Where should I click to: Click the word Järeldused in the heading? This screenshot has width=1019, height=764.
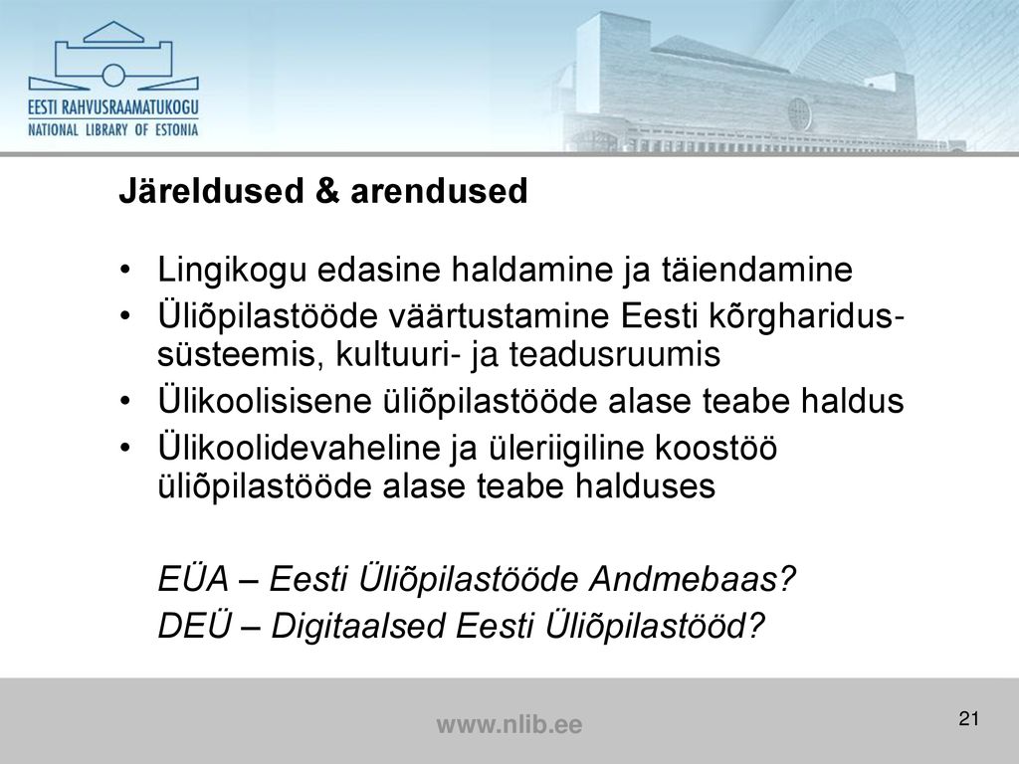click(212, 191)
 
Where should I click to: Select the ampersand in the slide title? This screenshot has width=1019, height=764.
click(327, 192)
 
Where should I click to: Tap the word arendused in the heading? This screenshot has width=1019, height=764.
click(439, 192)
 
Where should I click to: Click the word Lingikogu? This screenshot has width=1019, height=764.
click(232, 271)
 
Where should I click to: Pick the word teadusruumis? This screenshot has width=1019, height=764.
click(615, 355)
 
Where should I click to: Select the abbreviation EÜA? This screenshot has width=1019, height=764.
click(194, 578)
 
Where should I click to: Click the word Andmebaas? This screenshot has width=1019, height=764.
click(693, 578)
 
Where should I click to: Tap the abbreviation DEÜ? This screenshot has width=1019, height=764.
click(195, 625)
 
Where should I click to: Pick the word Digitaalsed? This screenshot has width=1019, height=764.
click(358, 627)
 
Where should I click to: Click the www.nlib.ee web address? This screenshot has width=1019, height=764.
click(509, 724)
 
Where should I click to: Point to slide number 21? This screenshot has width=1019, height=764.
click(968, 718)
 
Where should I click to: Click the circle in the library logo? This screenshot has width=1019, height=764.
click(113, 75)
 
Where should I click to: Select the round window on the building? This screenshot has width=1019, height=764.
click(799, 113)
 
